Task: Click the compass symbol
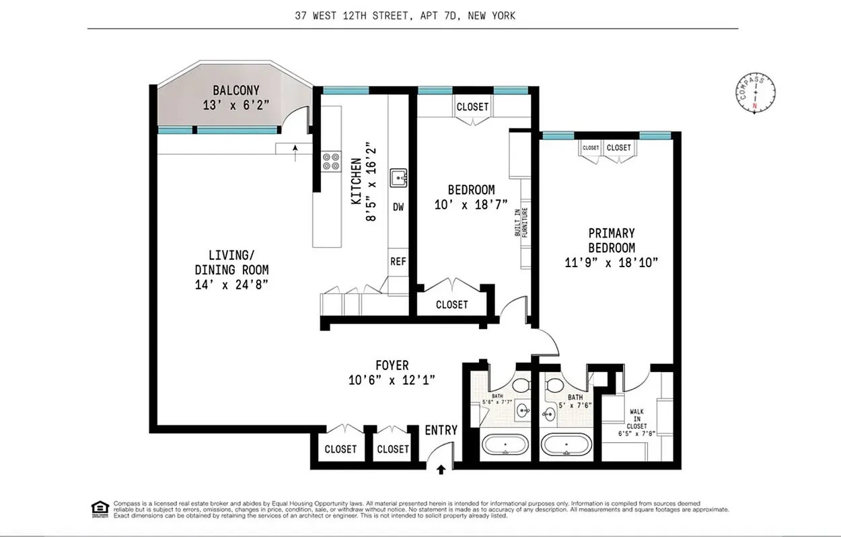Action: click(755, 94)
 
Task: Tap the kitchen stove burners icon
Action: click(330, 161)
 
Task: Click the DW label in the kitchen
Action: click(398, 207)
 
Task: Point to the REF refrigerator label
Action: click(398, 261)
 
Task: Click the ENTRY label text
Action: click(441, 431)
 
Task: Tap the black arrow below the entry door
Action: click(441, 469)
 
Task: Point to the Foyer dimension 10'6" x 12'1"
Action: click(392, 380)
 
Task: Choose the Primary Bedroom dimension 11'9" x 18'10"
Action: click(611, 262)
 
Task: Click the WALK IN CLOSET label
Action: click(637, 419)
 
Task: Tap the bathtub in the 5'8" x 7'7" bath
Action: click(507, 445)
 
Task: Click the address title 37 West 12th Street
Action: click(405, 15)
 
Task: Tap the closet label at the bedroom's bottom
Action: click(451, 305)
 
